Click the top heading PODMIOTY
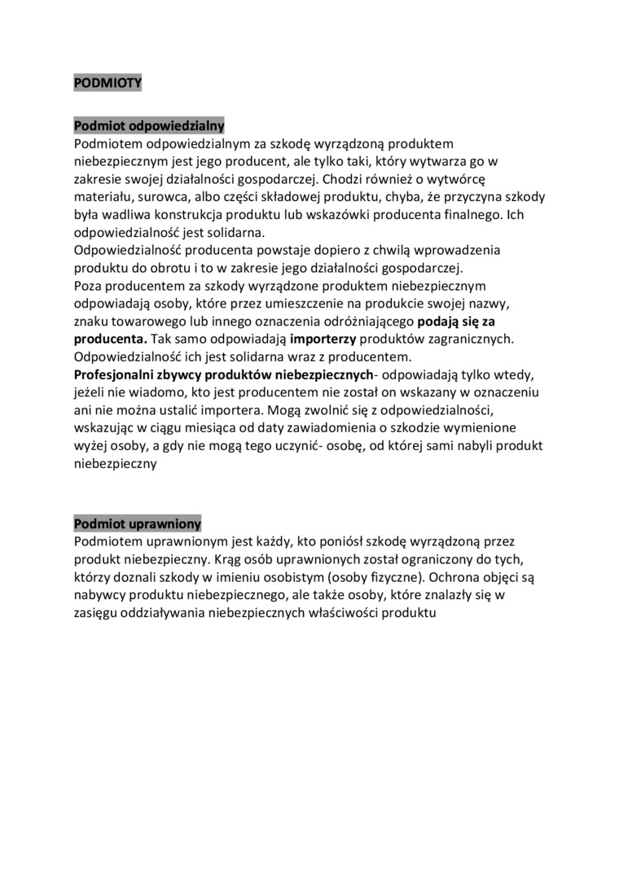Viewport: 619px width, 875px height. pos(108,82)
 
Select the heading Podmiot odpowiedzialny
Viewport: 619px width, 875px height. pos(149,126)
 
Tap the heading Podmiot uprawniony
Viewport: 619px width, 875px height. pos(137,523)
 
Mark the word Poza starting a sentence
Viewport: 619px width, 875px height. pos(89,286)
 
